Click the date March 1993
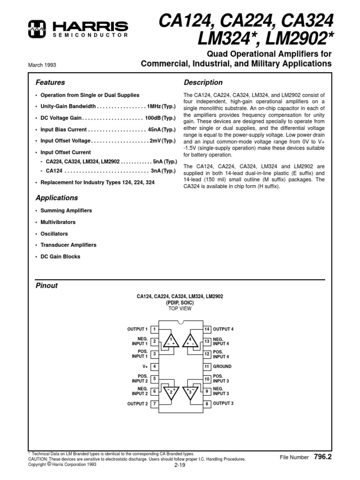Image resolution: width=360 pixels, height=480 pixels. coord(42,65)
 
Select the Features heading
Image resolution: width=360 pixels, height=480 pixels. coord(50,82)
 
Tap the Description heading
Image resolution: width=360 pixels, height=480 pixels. coord(203,82)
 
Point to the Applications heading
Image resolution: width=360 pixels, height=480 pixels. coord(57,198)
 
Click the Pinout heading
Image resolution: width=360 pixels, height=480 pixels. coord(47,285)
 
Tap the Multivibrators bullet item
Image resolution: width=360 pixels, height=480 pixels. coord(58,222)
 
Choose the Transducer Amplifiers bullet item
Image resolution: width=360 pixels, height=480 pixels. coord(68,245)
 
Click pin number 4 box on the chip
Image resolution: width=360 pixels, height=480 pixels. coord(154,367)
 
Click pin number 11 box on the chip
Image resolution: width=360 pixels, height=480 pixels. coord(206,367)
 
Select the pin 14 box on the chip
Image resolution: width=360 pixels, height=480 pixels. coord(206,329)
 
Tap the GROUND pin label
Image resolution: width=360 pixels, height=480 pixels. coord(223,367)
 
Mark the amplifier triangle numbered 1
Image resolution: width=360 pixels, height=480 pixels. coord(171,341)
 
